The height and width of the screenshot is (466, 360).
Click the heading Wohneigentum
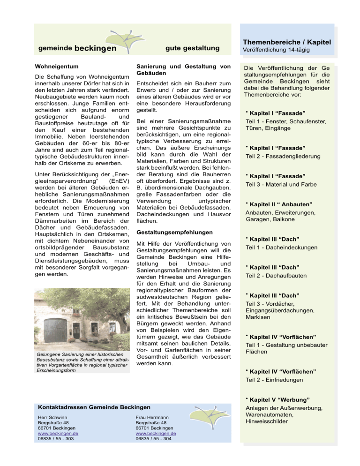pyautogui.click(x=57, y=66)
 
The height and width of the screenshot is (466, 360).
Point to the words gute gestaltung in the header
pyautogui.click(x=192, y=48)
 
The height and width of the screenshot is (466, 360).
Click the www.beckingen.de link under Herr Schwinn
pyautogui.click(x=58, y=434)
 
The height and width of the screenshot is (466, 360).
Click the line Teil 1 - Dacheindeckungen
pyautogui.click(x=282, y=248)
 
